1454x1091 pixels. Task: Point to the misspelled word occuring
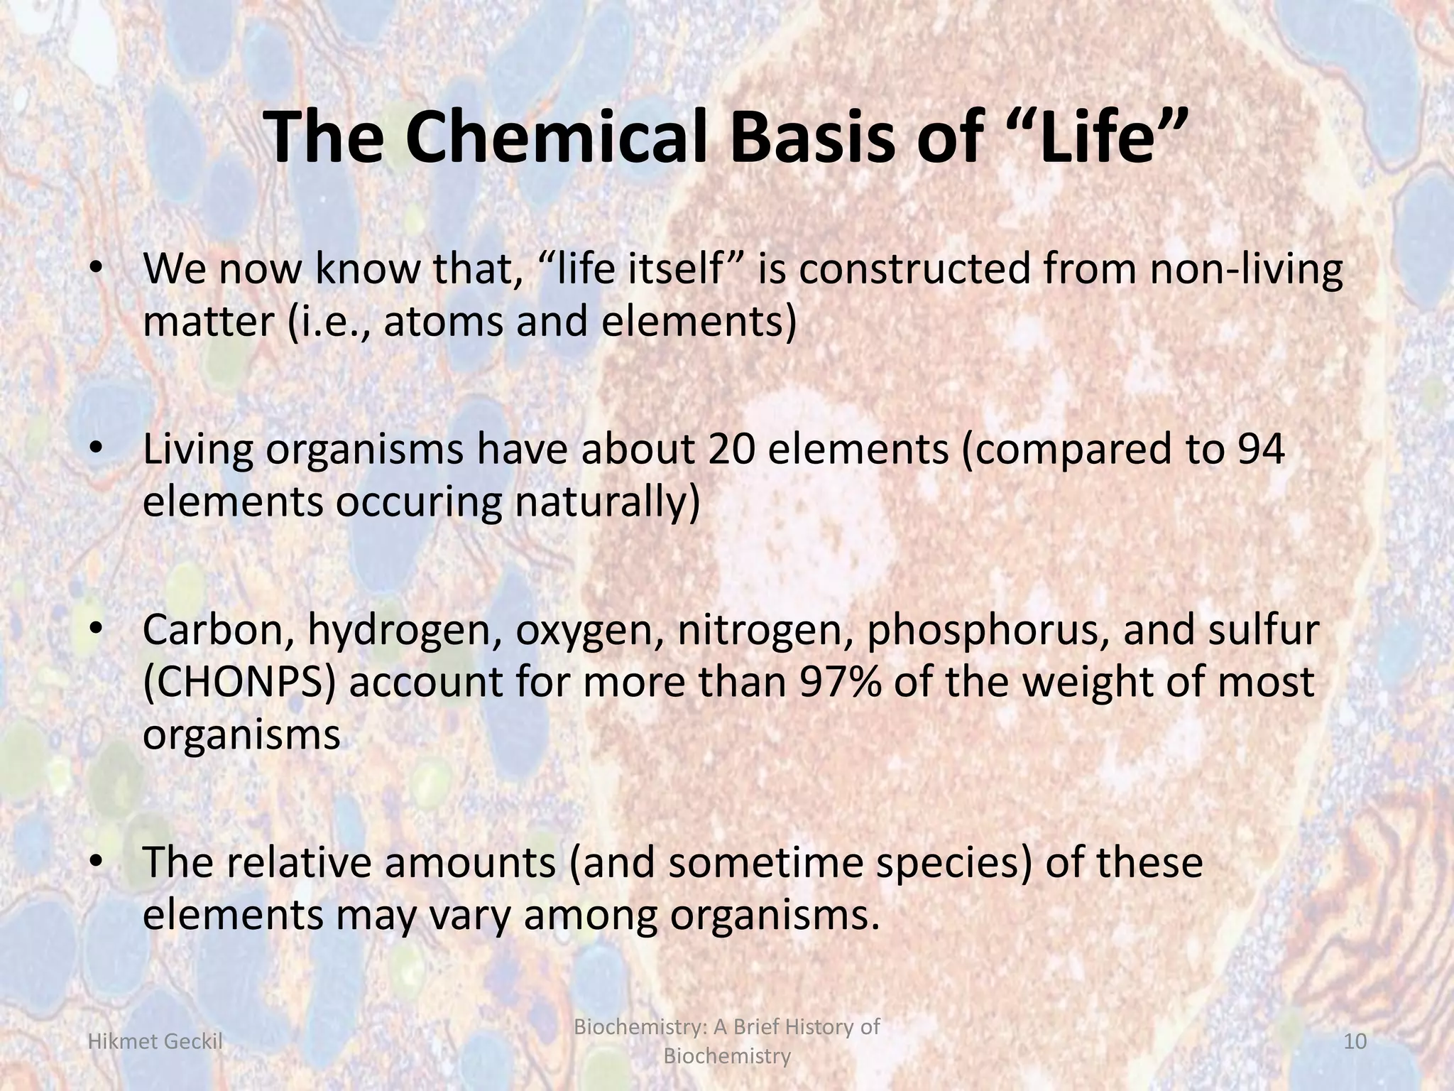(x=418, y=503)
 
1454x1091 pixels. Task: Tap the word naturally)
(x=607, y=503)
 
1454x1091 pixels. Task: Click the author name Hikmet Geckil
(x=154, y=1042)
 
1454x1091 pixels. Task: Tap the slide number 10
(x=1355, y=1042)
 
